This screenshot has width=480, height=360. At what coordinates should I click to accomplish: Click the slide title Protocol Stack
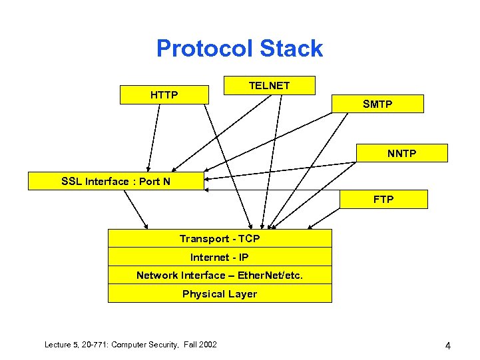coord(240,49)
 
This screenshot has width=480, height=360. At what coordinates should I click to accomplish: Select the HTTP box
coord(164,95)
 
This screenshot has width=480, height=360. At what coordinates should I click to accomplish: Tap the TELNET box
coord(269,85)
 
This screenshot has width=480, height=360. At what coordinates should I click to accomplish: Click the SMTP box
coord(377,104)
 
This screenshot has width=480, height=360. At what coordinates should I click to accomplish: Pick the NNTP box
coord(402,154)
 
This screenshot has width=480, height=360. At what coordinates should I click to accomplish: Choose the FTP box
coord(383,199)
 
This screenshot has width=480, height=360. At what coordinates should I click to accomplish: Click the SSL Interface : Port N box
coord(116,181)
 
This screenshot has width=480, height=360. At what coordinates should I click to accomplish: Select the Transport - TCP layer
coord(220,238)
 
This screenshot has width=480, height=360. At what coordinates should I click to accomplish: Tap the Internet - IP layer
coord(220,257)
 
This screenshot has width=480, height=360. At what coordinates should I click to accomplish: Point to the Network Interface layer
coord(220,275)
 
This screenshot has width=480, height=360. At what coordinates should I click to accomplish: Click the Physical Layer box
coord(220,293)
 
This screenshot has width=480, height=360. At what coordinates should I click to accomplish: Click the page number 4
coord(448,345)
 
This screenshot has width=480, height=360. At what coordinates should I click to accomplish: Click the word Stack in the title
coord(291,49)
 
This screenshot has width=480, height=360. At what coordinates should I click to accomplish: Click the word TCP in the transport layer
coord(249,238)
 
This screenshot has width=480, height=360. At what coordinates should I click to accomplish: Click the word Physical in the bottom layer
coord(202,293)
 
